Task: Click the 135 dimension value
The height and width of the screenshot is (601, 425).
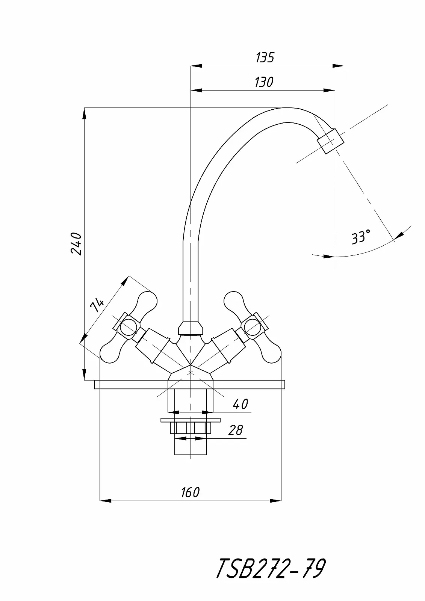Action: [x=265, y=57]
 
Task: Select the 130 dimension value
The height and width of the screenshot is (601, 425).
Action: [x=264, y=82]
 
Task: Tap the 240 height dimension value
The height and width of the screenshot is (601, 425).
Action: [x=76, y=244]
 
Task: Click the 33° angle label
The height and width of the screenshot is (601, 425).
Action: [x=361, y=236]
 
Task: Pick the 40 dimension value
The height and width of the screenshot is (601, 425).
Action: [x=240, y=404]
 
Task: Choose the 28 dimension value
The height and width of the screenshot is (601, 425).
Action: [x=236, y=430]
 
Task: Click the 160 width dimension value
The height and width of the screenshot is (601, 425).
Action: [x=191, y=492]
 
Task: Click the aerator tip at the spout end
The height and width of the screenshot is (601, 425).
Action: [x=330, y=141]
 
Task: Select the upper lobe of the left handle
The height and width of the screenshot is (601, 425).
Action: [x=147, y=302]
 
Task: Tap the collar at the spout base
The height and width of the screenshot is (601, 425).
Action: [x=191, y=328]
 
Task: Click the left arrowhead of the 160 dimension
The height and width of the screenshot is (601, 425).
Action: [x=105, y=500]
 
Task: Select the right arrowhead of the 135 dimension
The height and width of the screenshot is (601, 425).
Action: [x=338, y=66]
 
